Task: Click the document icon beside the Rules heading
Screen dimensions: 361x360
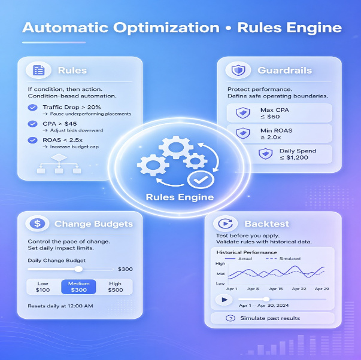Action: (x=38, y=70)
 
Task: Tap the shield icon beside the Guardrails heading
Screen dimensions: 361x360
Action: (x=238, y=70)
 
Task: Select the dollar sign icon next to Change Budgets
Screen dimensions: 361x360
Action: (x=37, y=224)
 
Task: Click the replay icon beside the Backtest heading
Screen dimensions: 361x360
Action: (x=225, y=224)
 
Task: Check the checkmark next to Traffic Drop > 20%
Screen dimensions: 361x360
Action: (x=33, y=108)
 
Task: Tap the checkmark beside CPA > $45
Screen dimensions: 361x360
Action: (x=33, y=124)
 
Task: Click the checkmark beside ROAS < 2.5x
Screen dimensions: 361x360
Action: (x=33, y=140)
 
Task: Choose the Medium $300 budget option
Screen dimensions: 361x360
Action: (x=78, y=286)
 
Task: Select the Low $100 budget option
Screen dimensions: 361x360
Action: (x=43, y=286)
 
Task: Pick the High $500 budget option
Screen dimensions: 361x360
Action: (x=115, y=286)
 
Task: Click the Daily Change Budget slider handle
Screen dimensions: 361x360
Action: (x=78, y=269)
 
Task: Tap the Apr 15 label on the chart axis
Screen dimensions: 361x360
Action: (x=276, y=289)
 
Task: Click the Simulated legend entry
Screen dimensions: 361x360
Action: (x=283, y=258)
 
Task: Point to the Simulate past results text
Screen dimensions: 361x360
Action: (x=270, y=318)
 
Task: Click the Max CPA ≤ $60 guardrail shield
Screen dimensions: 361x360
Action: (x=243, y=112)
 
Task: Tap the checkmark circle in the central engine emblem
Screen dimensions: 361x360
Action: (x=201, y=180)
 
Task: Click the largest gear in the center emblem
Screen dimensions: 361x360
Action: (x=176, y=147)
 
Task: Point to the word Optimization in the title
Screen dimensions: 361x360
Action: (x=166, y=28)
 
